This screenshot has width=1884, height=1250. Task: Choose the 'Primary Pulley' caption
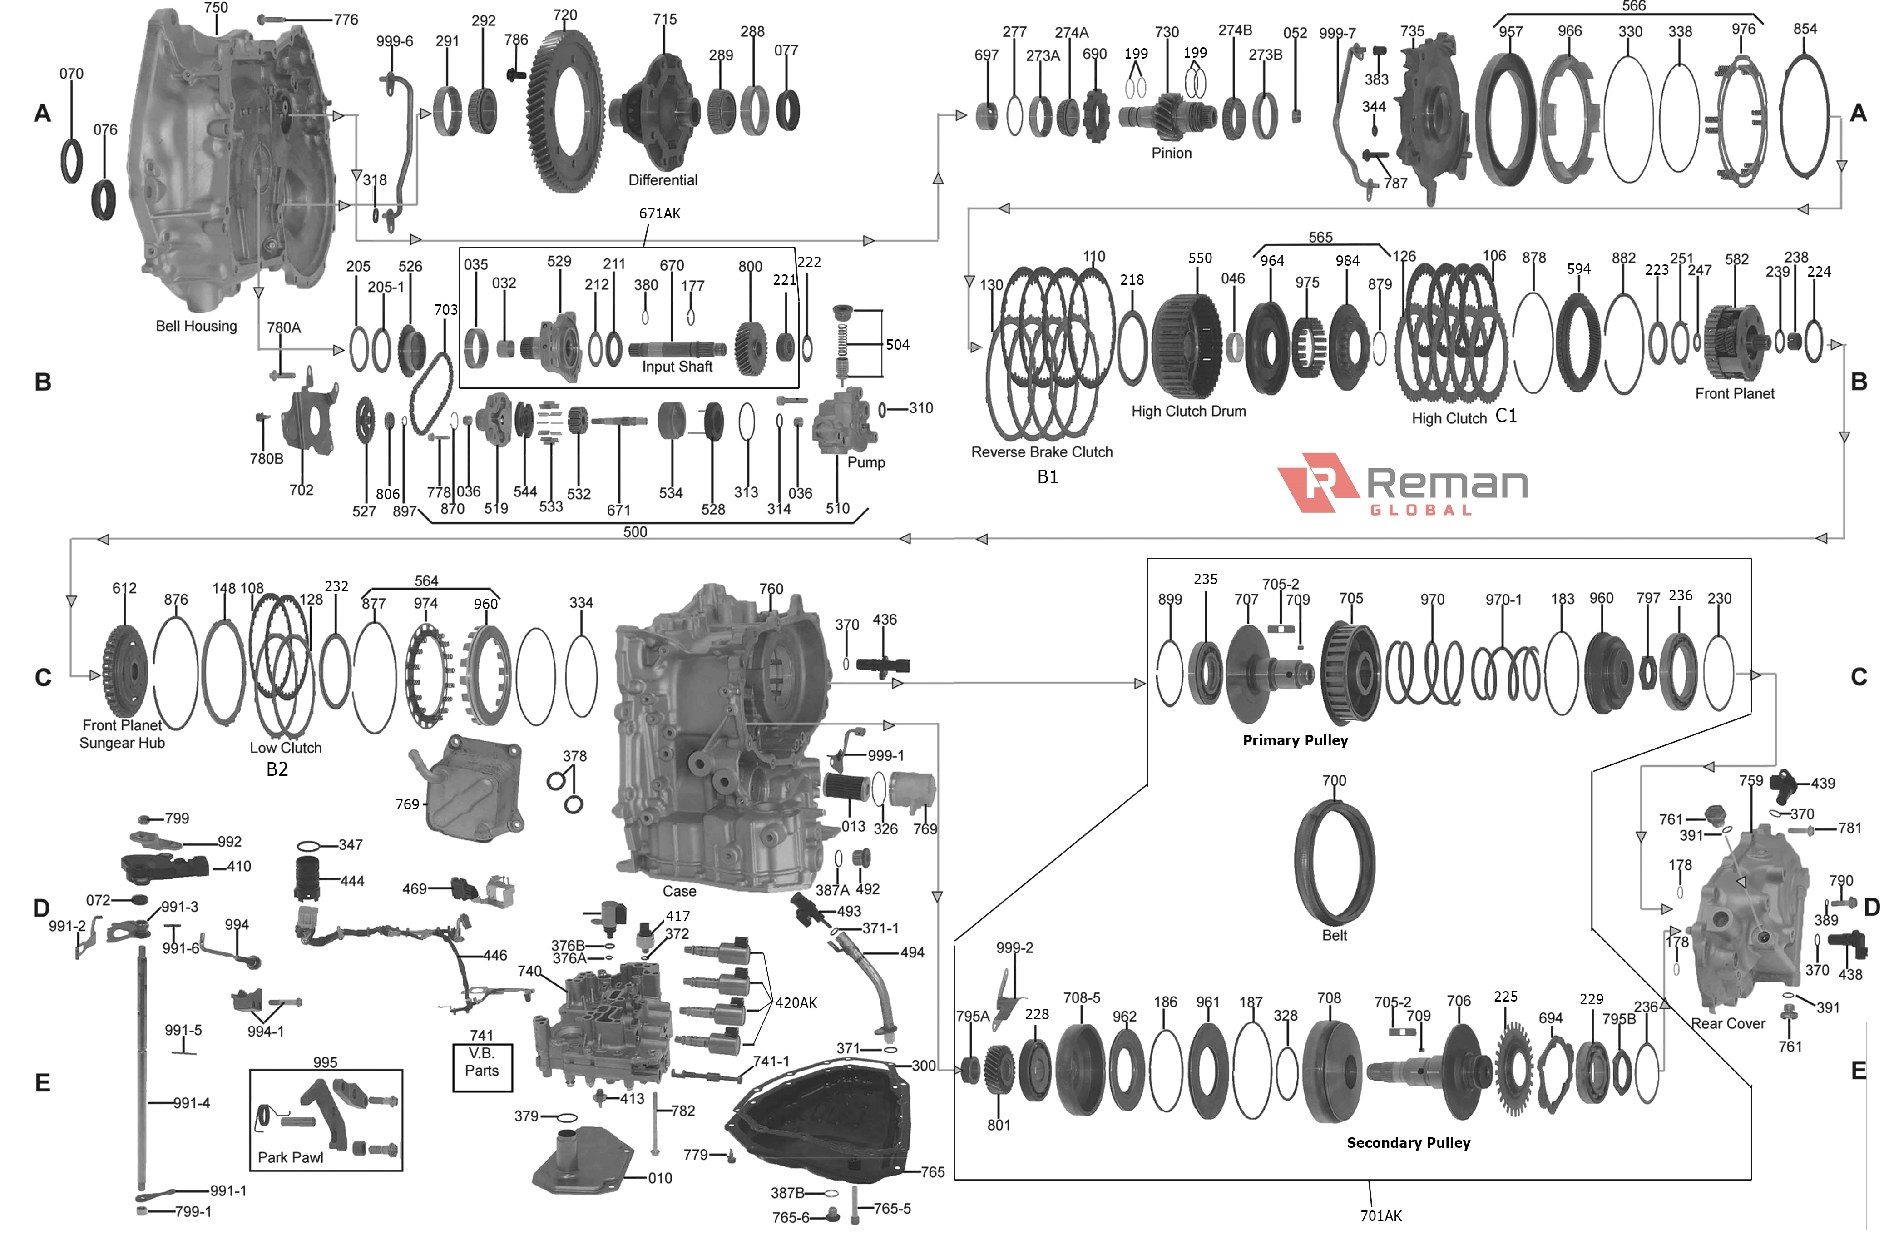click(1295, 740)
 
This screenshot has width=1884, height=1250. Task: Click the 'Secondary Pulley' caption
click(1408, 1142)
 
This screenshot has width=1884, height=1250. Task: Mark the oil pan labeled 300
click(821, 1116)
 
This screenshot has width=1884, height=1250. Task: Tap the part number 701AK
click(1380, 1216)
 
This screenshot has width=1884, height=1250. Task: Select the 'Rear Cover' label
click(1728, 1024)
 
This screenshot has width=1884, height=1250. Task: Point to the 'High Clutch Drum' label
click(1188, 412)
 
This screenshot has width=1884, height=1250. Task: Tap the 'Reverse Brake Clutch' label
click(1042, 452)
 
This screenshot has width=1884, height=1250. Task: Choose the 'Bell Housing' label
click(196, 326)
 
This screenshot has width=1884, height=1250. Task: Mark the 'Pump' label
click(865, 462)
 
